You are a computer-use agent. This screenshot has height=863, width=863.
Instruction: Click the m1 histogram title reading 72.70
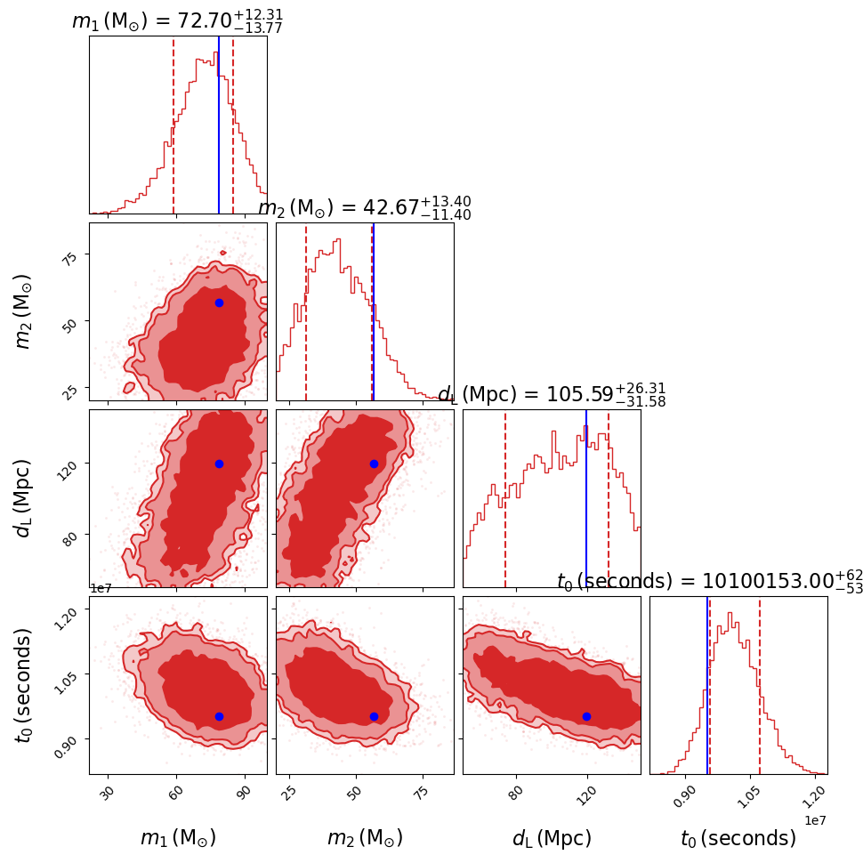[x=177, y=20]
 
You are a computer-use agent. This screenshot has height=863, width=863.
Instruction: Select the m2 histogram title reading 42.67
[x=364, y=208]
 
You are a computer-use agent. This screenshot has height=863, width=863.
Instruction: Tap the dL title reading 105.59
[x=551, y=395]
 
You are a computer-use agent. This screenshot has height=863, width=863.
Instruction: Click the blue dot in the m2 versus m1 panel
[x=219, y=302]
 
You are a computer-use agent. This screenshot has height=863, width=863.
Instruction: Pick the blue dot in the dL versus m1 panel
[x=219, y=464]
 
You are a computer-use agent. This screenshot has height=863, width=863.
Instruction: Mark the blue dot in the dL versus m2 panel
[x=374, y=464]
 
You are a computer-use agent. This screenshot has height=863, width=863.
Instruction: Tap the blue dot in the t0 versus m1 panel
[x=219, y=716]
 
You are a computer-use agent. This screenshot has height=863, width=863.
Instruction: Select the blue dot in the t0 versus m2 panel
[x=374, y=716]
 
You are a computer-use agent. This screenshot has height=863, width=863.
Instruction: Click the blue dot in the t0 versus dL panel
[x=586, y=716]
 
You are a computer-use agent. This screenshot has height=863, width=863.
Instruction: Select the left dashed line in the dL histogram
[x=505, y=498]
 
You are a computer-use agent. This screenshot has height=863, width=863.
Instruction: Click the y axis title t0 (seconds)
[x=24, y=685]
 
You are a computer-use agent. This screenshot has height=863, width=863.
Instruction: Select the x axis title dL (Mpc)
[x=552, y=838]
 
